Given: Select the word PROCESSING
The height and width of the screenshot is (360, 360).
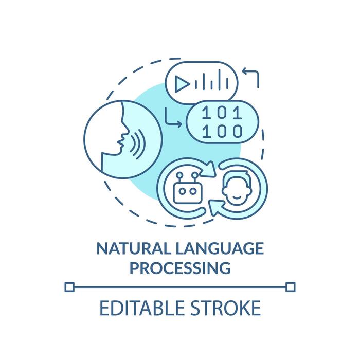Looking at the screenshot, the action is pyautogui.click(x=179, y=268).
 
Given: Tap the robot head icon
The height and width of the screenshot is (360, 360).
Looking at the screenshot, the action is pyautogui.click(x=185, y=192).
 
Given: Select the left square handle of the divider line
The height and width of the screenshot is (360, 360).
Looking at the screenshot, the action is pyautogui.click(x=70, y=286).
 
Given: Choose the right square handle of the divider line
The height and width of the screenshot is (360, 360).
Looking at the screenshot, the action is pyautogui.click(x=291, y=286).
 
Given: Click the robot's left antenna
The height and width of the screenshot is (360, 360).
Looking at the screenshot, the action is pyautogui.click(x=178, y=176).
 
